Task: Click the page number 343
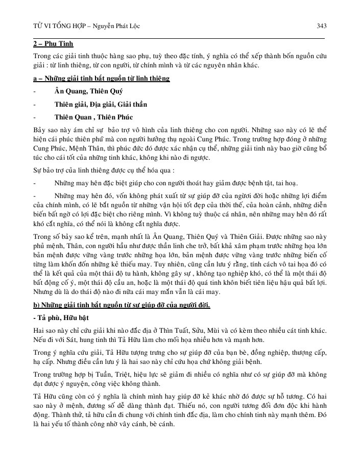(321, 26)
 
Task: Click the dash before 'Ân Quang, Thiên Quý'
(34, 92)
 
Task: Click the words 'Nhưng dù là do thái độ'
(68, 292)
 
